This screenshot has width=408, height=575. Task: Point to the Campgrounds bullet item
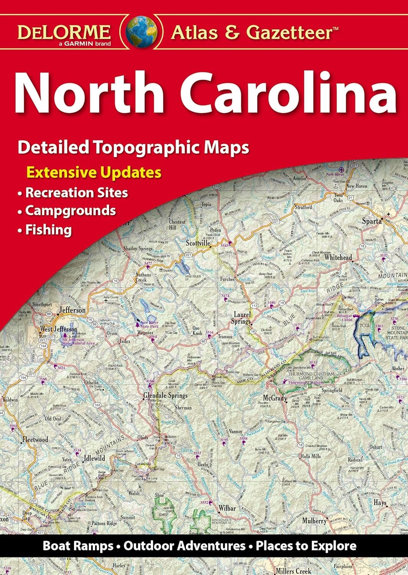coord(70,210)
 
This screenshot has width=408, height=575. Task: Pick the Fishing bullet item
coord(48,230)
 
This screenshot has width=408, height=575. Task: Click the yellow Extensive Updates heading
coord(93,172)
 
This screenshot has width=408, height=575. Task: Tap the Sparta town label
coord(372,221)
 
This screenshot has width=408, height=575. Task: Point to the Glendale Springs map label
coord(165,395)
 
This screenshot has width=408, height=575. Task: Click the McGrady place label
coord(275,398)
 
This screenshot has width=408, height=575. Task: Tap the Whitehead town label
coord(338,258)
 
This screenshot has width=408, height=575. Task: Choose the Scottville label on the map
coord(198,243)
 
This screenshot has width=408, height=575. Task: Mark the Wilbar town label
coord(227,508)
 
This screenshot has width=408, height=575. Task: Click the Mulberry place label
coord(314,521)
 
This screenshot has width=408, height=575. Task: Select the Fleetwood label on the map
coord(35,440)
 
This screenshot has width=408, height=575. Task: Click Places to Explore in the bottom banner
coord(306,545)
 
